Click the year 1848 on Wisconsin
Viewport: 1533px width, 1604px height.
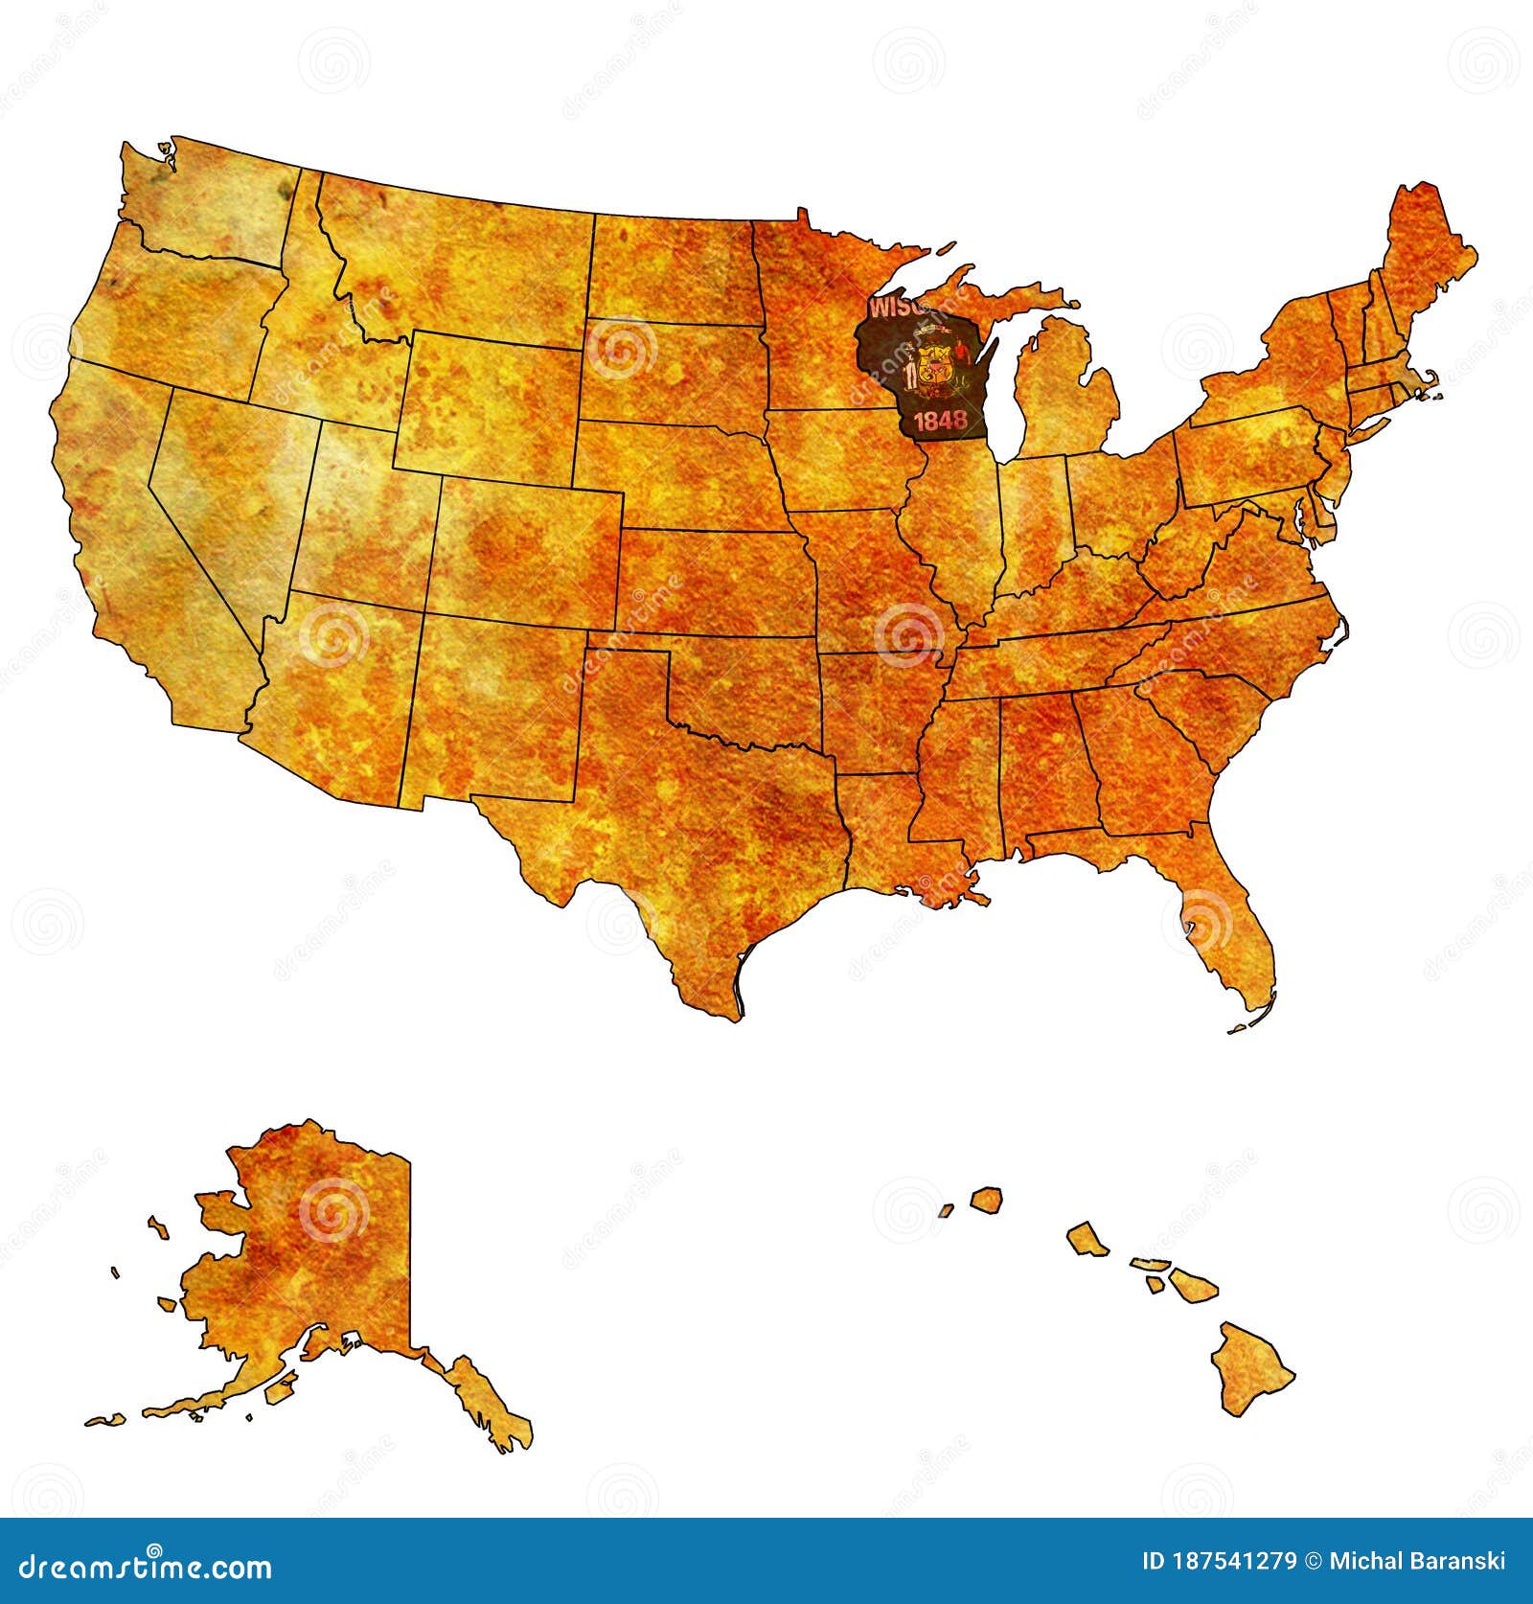pos(939,421)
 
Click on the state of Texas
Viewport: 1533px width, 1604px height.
pos(690,824)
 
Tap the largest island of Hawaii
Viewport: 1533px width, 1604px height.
pos(1250,1362)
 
